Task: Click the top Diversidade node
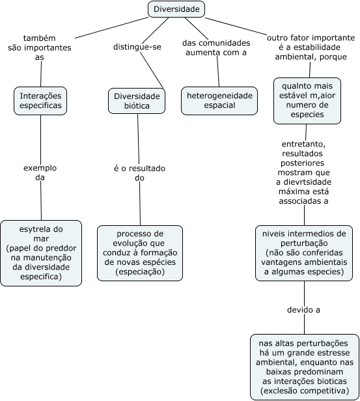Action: coord(176,9)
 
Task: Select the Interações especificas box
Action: coord(40,101)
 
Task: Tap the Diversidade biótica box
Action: coord(137,101)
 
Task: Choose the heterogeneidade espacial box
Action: coord(219,101)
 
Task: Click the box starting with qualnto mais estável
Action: coord(307,101)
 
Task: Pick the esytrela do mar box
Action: coord(41,253)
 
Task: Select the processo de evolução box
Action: coord(140,253)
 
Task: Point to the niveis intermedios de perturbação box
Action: coord(304,253)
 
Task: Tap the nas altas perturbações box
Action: coord(305,367)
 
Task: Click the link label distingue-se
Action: coord(137,47)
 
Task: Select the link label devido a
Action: coord(303,310)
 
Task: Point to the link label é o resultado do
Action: coord(139,173)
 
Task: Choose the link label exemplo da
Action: coord(40,173)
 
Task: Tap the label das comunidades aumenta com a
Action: coord(216,48)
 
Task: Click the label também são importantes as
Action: coord(40,48)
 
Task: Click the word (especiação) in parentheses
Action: coord(140,271)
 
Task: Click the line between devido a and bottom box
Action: coord(304,324)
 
